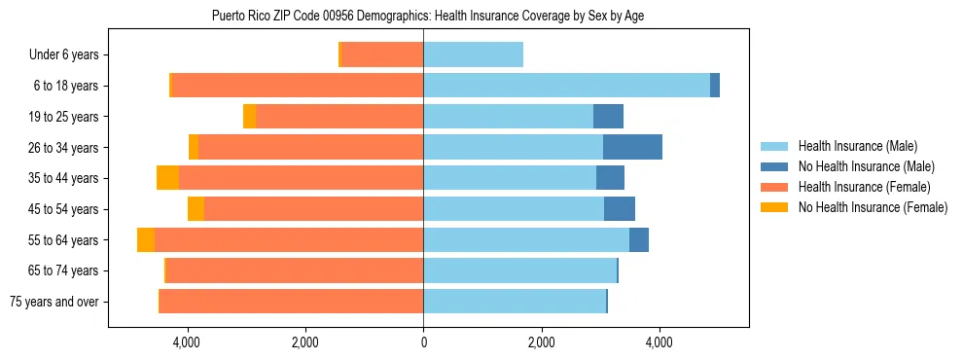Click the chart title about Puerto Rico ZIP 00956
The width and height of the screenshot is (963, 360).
click(427, 16)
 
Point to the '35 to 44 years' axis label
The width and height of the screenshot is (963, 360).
click(62, 178)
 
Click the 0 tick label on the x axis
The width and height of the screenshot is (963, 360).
click(423, 342)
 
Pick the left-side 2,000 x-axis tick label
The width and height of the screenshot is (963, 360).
click(304, 342)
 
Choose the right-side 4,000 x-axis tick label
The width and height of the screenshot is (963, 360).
click(660, 342)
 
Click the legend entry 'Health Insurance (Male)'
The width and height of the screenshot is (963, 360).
click(856, 146)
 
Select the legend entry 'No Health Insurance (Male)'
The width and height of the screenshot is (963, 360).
click(866, 166)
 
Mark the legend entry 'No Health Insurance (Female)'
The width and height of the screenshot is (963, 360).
click(873, 207)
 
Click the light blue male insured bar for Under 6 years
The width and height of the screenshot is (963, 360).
click(473, 55)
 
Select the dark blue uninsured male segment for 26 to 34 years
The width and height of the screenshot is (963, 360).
click(632, 148)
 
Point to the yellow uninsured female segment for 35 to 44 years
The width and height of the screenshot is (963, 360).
click(167, 178)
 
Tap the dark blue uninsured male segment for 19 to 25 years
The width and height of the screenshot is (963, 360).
click(608, 117)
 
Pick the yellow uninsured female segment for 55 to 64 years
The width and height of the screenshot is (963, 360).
click(146, 240)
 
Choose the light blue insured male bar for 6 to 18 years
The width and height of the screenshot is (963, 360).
click(566, 86)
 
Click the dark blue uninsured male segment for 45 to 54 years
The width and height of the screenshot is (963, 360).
click(620, 209)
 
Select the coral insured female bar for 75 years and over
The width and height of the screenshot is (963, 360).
click(292, 302)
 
